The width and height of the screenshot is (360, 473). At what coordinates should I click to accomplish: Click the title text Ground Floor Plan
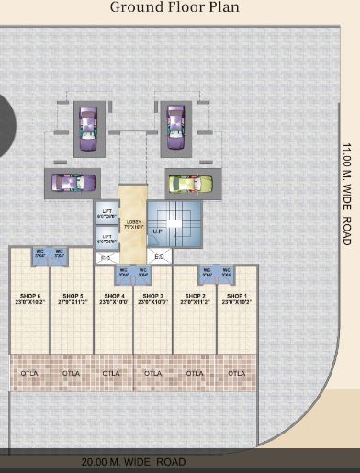tap(174, 8)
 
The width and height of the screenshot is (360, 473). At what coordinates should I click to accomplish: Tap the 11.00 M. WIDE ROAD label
tap(346, 193)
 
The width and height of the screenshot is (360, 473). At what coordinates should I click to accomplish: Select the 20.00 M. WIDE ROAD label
tap(133, 462)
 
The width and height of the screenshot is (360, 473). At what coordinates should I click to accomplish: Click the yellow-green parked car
tap(188, 183)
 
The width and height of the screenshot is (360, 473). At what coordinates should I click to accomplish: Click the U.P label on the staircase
tap(158, 231)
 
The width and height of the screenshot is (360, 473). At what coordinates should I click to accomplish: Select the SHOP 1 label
tap(236, 296)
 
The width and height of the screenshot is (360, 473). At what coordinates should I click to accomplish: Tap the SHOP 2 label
tap(195, 296)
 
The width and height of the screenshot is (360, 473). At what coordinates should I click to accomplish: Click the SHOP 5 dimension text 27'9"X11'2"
tap(71, 302)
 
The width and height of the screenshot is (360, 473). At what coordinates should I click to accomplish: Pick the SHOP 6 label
tap(29, 296)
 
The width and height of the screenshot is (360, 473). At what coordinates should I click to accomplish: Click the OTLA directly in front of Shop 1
tap(236, 374)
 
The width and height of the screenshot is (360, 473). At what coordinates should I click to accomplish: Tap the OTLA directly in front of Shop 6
tap(29, 374)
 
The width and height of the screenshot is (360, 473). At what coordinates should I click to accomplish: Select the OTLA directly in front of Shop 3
tap(152, 374)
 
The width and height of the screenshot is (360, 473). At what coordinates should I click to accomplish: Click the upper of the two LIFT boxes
tap(106, 213)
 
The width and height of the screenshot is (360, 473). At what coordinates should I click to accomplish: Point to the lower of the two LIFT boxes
tap(106, 240)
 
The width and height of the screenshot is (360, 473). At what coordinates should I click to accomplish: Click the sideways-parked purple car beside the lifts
tap(72, 182)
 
